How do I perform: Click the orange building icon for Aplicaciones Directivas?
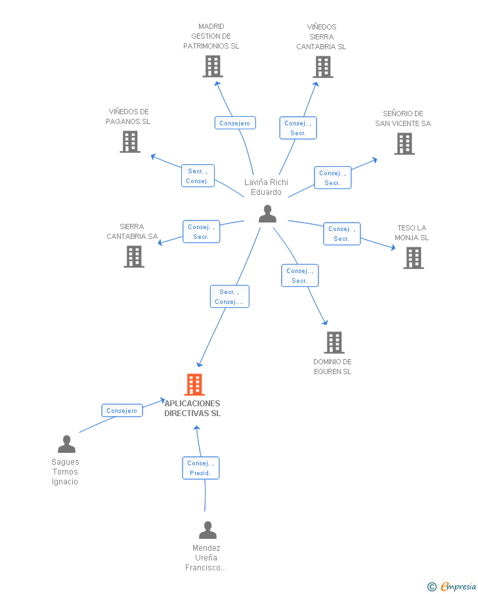pyautogui.click(x=194, y=385)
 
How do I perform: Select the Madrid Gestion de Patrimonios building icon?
pyautogui.click(x=212, y=66)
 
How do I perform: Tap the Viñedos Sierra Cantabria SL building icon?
pyautogui.click(x=322, y=67)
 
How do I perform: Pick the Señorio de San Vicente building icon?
pyautogui.click(x=404, y=144)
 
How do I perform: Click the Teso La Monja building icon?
pyautogui.click(x=413, y=258)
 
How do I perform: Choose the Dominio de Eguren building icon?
pyautogui.click(x=334, y=342)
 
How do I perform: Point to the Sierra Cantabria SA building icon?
pyautogui.click(x=134, y=257)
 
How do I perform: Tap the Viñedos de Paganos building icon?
pyautogui.click(x=130, y=142)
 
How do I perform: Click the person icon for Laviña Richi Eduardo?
pyautogui.click(x=267, y=214)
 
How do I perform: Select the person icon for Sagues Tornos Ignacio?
pyautogui.click(x=66, y=445)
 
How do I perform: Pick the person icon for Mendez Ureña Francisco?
pyautogui.click(x=207, y=530)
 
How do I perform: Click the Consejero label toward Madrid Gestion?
pyautogui.click(x=234, y=123)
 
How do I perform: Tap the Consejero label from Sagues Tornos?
pyautogui.click(x=121, y=410)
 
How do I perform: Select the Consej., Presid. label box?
pyautogui.click(x=200, y=468)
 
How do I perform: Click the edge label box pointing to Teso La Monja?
pyautogui.click(x=341, y=234)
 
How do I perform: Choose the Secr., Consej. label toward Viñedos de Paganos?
pyautogui.click(x=198, y=176)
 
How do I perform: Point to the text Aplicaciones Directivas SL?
pyautogui.click(x=192, y=408)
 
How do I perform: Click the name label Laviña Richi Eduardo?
pyautogui.click(x=266, y=187)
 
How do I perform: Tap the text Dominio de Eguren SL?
pyautogui.click(x=332, y=366)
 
